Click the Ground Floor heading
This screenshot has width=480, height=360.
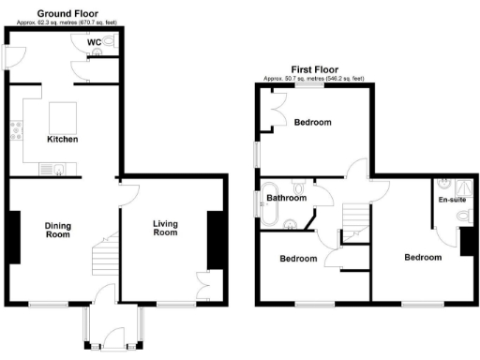63,11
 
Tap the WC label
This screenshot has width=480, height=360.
95,42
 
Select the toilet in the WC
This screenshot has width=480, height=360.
110,41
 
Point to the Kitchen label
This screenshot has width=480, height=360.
63,140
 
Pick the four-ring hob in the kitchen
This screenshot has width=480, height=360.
16,131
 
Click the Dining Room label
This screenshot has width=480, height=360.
58,230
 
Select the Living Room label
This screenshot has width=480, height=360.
165,227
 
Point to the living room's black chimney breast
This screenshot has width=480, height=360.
215,238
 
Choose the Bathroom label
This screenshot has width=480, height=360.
286,198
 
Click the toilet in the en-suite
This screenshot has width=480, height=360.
460,217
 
